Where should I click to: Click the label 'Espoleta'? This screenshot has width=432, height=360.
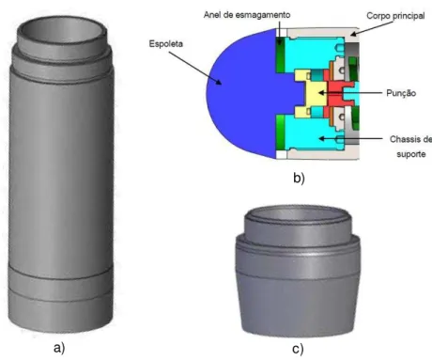(165, 44)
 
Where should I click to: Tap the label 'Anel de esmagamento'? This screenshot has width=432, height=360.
(247, 15)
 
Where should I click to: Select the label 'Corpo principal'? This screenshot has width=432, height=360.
(395, 16)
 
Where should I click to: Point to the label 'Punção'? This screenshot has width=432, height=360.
(401, 93)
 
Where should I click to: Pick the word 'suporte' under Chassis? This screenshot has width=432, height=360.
(411, 154)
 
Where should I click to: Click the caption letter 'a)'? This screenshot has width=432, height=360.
(59, 348)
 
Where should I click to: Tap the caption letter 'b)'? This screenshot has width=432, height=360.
(299, 178)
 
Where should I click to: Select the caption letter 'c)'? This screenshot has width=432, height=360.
(298, 349)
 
